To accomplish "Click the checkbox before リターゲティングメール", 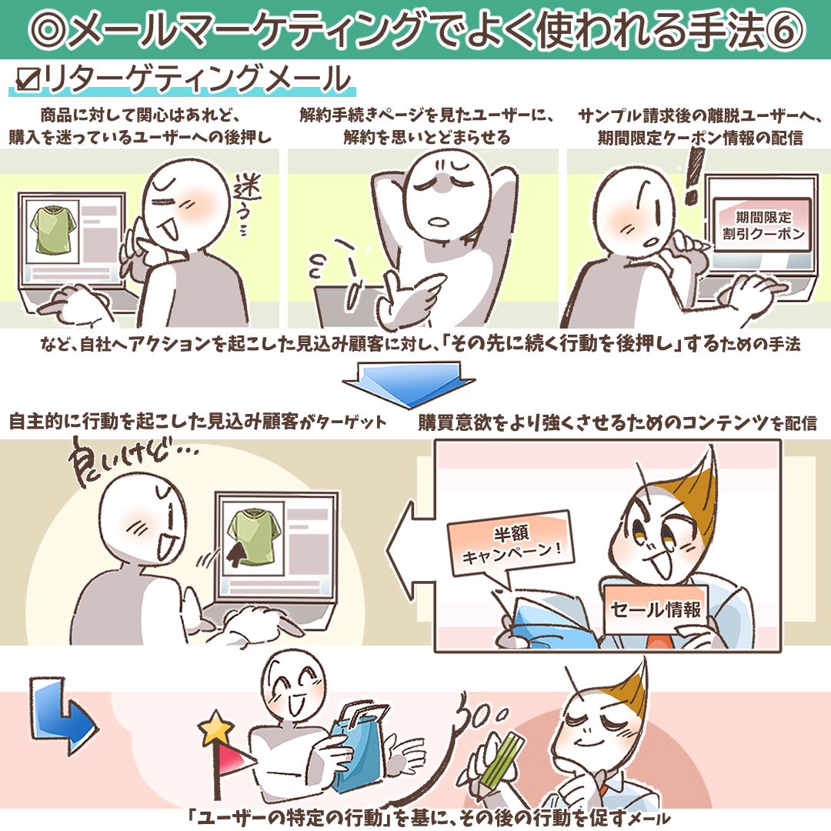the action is click(28, 79).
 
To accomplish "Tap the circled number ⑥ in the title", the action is click(784, 30).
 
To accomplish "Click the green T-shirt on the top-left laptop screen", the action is click(53, 230).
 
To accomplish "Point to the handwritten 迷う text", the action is click(246, 203).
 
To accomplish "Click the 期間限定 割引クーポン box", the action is click(763, 225).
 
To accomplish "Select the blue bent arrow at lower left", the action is click(61, 713).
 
